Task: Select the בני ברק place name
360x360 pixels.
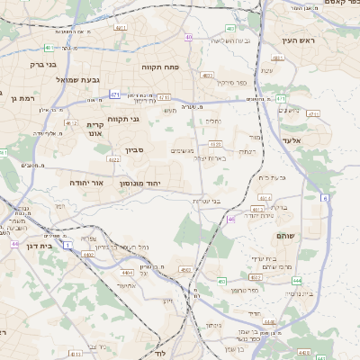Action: (x=41, y=65)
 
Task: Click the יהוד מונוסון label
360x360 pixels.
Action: (x=139, y=183)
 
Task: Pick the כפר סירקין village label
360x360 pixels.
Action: (x=231, y=82)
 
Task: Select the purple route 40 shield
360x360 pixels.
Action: (x=188, y=37)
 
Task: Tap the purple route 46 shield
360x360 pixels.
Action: (x=231, y=220)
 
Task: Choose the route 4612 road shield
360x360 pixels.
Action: (x=72, y=121)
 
